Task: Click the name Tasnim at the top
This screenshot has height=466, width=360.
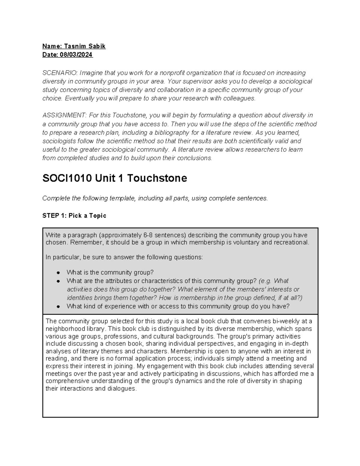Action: click(74, 46)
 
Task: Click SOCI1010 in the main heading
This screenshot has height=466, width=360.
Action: click(67, 179)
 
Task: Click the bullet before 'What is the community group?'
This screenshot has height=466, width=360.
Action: click(58, 273)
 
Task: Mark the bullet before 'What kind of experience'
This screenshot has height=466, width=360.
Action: click(58, 306)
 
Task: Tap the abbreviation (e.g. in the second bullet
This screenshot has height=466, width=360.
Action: click(265, 281)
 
